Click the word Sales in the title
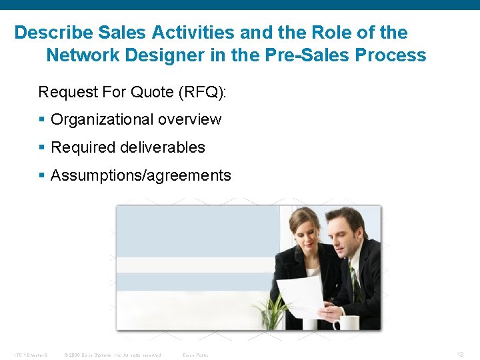(x=115, y=32)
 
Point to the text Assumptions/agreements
(x=141, y=175)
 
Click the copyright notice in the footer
(x=113, y=355)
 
